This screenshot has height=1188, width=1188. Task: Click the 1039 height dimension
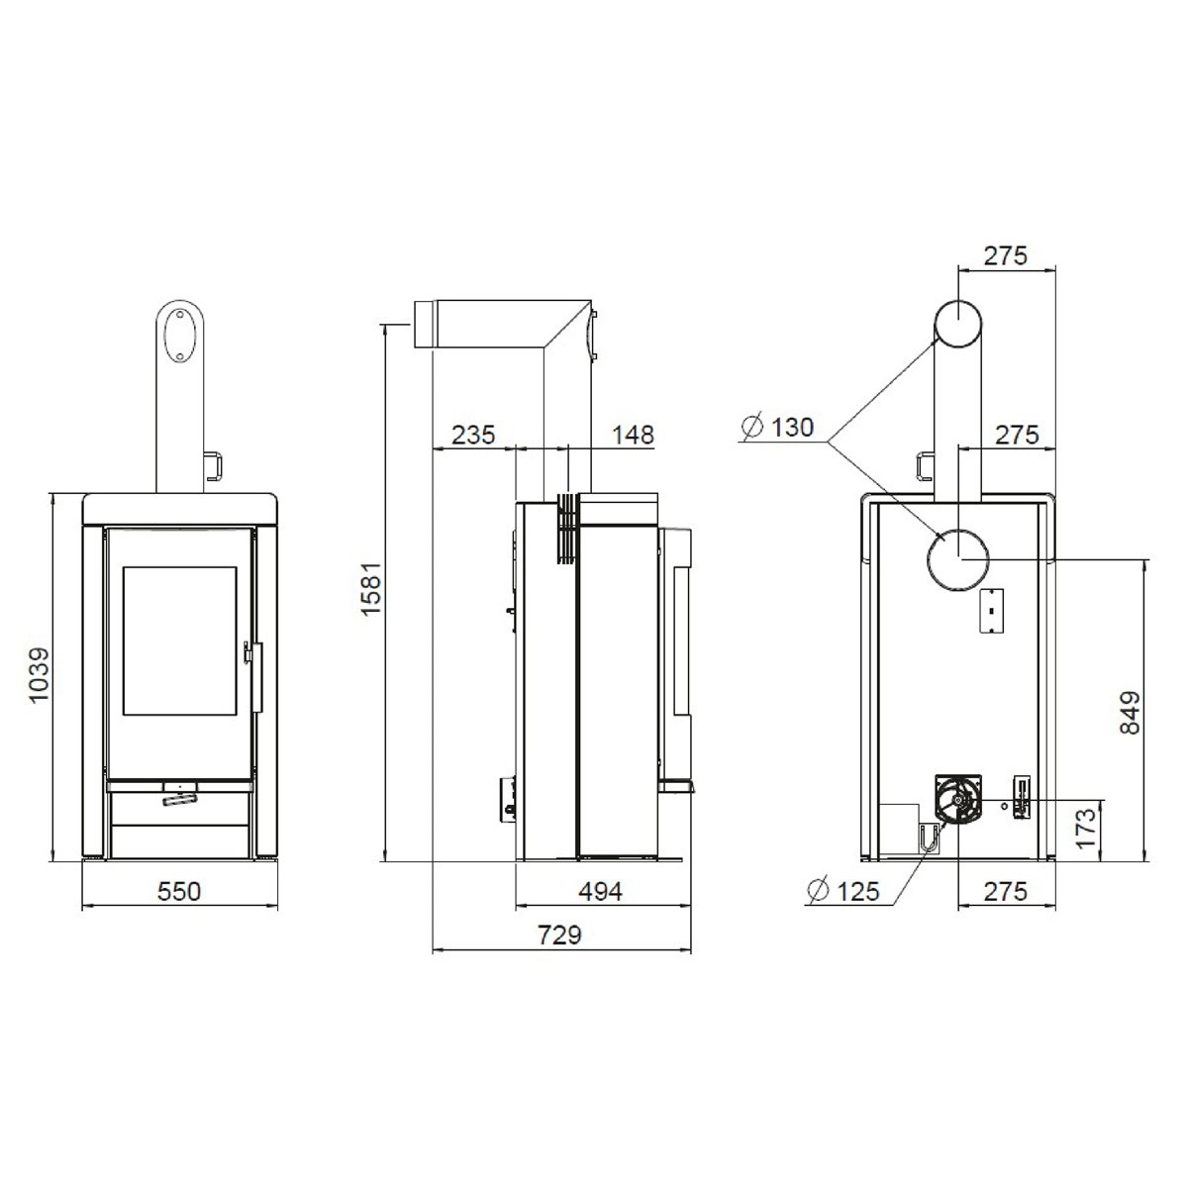[39, 674]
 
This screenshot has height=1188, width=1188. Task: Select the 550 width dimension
[179, 891]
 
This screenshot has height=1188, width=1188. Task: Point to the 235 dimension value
[473, 435]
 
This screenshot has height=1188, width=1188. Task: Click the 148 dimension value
[633, 435]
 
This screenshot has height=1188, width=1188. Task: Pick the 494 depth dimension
[600, 891]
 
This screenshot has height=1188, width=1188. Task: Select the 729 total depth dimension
[559, 935]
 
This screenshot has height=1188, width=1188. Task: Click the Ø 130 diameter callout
[778, 427]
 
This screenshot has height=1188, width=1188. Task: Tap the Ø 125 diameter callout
[843, 890]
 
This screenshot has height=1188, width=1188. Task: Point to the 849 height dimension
[1130, 713]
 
